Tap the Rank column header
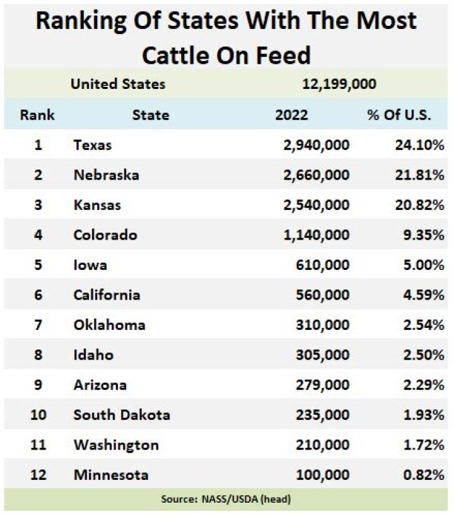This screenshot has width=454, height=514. pos(37,115)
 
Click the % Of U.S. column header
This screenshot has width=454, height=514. pos(399,115)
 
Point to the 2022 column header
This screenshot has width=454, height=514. pos(292,115)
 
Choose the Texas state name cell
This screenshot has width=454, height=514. pos(93,145)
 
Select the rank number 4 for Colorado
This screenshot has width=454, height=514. pos(38,235)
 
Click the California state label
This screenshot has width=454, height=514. pos(107,295)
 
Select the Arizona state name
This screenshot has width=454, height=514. pos(100,385)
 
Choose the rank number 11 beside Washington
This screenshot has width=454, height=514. pos(38,445)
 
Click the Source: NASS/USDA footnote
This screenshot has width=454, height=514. pos(226,499)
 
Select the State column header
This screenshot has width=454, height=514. pos(150,115)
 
